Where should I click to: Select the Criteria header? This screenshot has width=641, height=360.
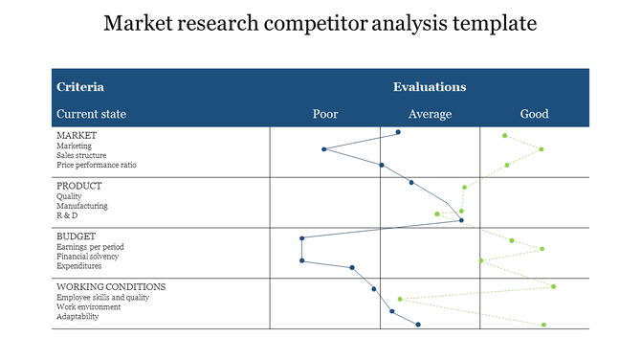tap(80, 87)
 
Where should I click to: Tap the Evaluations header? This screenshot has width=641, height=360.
tap(430, 87)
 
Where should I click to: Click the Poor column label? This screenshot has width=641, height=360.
tap(325, 114)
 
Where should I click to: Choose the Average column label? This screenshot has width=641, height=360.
tap(430, 114)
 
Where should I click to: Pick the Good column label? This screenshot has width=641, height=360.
tap(534, 114)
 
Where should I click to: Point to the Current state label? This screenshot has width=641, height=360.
tap(91, 114)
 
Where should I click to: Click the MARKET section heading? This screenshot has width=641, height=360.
tap(77, 135)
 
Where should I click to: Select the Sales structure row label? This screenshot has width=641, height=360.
tap(81, 155)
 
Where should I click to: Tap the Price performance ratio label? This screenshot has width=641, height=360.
tap(96, 165)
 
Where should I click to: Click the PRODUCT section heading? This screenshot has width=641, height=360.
tap(79, 186)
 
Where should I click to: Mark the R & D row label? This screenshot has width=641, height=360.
tap(68, 215)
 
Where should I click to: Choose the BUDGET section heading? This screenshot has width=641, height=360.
tap(77, 236)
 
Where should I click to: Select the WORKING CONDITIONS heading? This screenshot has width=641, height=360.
tap(111, 286)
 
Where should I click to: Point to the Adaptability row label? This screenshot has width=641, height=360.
tap(77, 317)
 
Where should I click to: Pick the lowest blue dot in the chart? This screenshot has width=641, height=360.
tap(418, 325)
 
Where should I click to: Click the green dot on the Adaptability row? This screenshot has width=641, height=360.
tap(543, 325)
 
